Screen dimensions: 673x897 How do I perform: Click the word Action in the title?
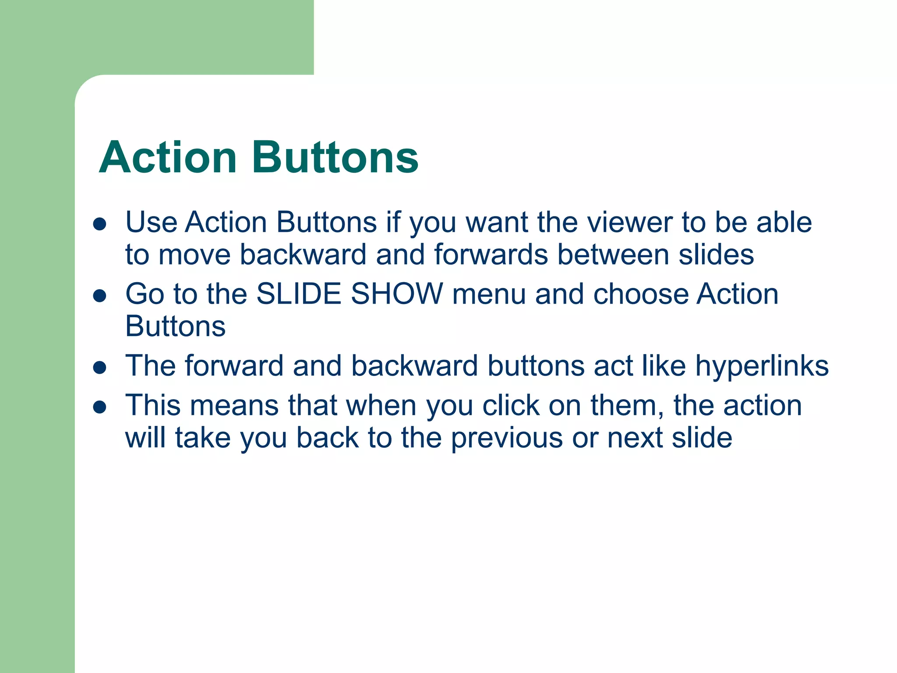click(x=168, y=158)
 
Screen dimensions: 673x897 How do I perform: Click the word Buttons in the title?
click(x=335, y=158)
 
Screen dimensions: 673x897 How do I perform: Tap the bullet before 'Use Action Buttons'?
click(x=100, y=224)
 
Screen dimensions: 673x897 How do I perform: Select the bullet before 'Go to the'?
click(x=100, y=296)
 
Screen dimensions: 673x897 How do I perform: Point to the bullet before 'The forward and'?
click(x=100, y=367)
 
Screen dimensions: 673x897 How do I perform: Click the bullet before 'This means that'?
click(x=100, y=407)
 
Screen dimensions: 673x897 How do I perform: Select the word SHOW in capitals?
click(x=397, y=294)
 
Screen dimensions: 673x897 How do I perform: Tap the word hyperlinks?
click(x=762, y=366)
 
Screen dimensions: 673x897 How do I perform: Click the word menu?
click(x=489, y=294)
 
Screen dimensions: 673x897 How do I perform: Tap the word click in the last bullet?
click(x=511, y=405)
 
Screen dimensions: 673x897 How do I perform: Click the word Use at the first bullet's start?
click(x=151, y=222)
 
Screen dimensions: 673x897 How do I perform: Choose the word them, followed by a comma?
click(x=626, y=405)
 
